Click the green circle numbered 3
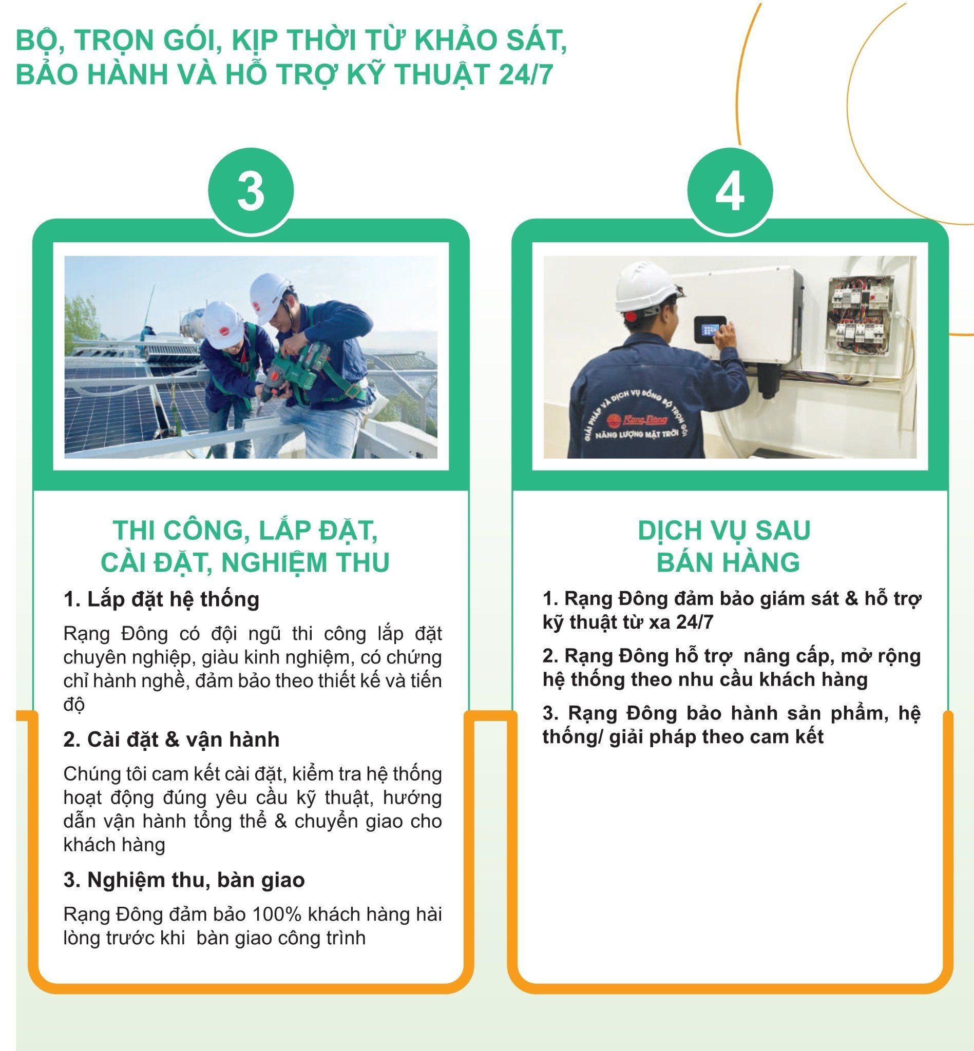(251, 191)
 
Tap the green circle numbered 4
(730, 191)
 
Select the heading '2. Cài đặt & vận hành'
(171, 740)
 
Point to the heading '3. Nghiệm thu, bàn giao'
(184, 880)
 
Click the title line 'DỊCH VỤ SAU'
(723, 531)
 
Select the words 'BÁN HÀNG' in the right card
(728, 562)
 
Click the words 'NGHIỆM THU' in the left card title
(305, 562)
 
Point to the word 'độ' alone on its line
(74, 705)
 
